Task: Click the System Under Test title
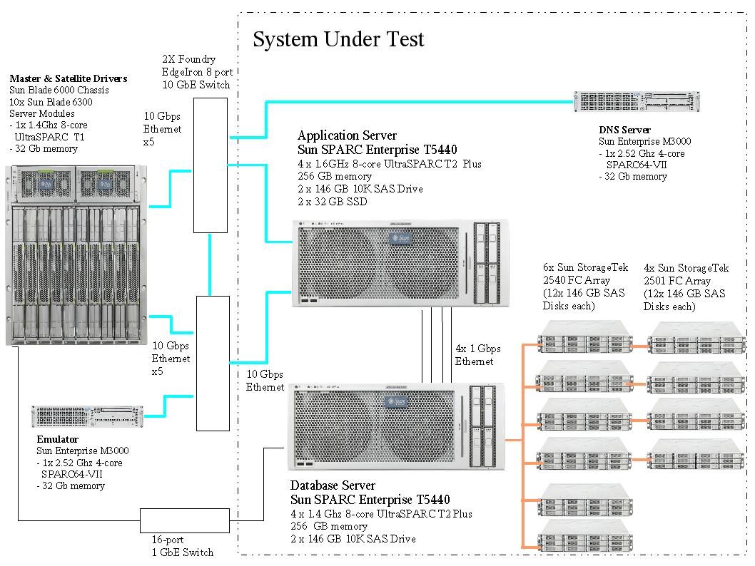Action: click(338, 39)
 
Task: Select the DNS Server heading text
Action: click(624, 130)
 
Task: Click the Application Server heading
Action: click(347, 135)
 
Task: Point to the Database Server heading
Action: click(333, 485)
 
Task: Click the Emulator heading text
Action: click(57, 439)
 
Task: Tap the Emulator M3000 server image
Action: click(87, 416)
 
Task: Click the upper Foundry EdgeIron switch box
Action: click(211, 165)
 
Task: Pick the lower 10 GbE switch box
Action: click(212, 362)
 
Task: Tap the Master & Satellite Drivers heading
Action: click(69, 78)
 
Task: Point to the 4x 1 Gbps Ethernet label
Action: click(478, 355)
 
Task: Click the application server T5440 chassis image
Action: click(400, 264)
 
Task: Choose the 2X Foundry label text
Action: click(188, 60)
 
